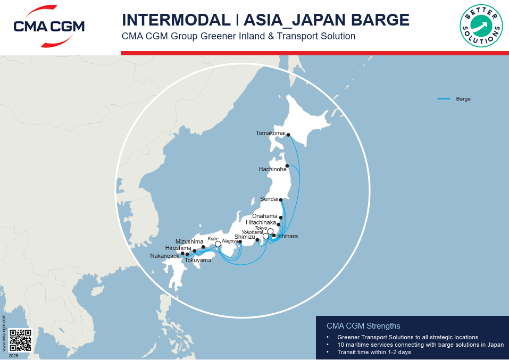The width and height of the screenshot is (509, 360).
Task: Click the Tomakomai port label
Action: tap(270, 133)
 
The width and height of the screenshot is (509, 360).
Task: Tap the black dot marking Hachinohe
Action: tap(287, 166)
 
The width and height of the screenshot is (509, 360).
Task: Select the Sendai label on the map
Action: tap(269, 199)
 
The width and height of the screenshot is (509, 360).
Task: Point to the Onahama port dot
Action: tap(281, 217)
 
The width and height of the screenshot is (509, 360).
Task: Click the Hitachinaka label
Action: tap(261, 223)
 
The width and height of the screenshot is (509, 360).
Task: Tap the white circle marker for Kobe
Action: tap(218, 244)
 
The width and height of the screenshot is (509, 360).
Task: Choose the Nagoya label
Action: tap(230, 241)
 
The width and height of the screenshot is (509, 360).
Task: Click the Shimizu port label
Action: tap(245, 237)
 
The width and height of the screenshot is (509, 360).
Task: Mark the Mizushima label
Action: tap(189, 241)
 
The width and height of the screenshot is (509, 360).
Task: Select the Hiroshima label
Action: tap(178, 248)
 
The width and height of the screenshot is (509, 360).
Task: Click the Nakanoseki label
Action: tap(165, 256)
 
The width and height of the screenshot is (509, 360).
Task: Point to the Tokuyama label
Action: tap(198, 261)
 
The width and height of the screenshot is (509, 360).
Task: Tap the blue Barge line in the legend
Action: tap(444, 99)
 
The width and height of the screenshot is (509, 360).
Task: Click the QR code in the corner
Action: tap(20, 340)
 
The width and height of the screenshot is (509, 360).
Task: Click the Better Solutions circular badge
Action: tap(481, 26)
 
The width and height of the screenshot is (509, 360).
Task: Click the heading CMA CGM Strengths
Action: tap(363, 326)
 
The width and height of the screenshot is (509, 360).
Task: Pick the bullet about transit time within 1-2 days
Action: tap(374, 352)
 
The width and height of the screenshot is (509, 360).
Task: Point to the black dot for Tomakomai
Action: tap(288, 135)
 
